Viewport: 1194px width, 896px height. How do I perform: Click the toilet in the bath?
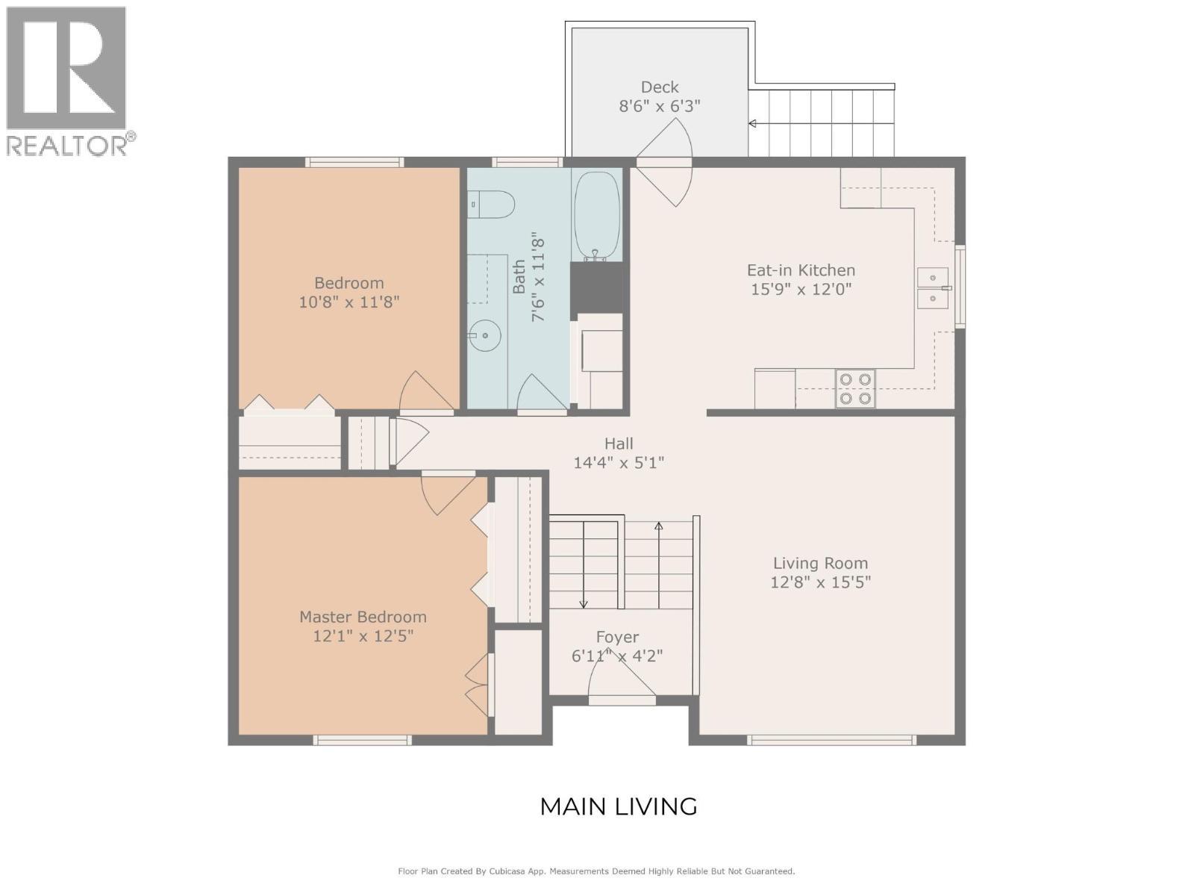click(x=490, y=205)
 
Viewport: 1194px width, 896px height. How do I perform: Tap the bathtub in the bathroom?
click(x=597, y=217)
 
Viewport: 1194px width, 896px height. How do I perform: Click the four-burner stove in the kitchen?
click(x=855, y=388)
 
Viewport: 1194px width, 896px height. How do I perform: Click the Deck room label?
click(x=659, y=87)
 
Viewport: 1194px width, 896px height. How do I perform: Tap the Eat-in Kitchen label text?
click(x=801, y=270)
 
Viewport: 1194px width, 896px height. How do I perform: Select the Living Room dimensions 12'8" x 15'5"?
click(x=820, y=582)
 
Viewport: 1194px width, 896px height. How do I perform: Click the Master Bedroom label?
click(x=363, y=617)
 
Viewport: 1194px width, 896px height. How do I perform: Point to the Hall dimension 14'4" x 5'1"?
click(x=619, y=463)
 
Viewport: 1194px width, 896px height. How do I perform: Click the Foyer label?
click(x=617, y=637)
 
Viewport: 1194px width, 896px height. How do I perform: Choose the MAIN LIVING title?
click(x=619, y=806)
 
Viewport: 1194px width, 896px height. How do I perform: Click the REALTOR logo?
click(x=71, y=81)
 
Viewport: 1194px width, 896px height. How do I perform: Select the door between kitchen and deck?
click(x=664, y=162)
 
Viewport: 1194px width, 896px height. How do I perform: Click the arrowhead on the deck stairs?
click(x=752, y=123)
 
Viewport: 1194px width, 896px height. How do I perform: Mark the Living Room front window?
click(x=831, y=740)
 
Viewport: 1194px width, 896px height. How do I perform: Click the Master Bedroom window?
click(x=362, y=740)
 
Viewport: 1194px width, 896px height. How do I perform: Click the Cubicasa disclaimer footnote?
click(x=596, y=871)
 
